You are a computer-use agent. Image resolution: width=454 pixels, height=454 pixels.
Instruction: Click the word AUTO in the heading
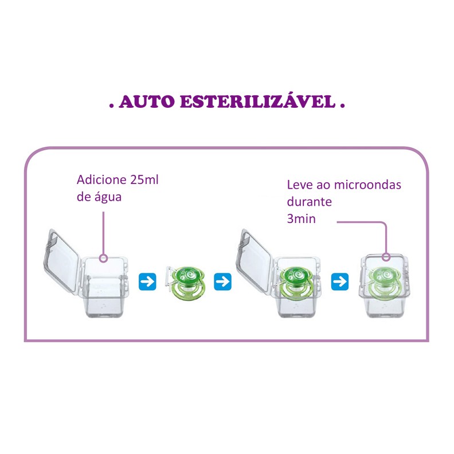pyautogui.click(x=147, y=101)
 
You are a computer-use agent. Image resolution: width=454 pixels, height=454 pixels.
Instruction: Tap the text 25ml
pyautogui.click(x=144, y=180)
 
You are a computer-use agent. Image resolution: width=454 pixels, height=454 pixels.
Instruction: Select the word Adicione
pyautogui.click(x=101, y=180)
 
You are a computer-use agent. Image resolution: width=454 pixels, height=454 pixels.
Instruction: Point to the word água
pyautogui.click(x=108, y=197)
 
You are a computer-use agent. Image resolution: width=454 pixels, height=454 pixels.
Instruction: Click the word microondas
pyautogui.click(x=367, y=185)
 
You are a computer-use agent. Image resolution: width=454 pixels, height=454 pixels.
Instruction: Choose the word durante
pyautogui.click(x=309, y=202)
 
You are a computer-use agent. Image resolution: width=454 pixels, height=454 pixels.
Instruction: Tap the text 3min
pyautogui.click(x=301, y=218)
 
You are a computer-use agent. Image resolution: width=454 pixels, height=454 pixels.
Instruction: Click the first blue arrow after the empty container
pyautogui.click(x=147, y=281)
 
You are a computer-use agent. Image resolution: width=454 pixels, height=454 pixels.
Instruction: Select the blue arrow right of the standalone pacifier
pyautogui.click(x=222, y=281)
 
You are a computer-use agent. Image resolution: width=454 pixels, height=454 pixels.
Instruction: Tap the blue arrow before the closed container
pyautogui.click(x=340, y=281)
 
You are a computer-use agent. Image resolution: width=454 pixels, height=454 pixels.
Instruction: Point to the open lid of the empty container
pyautogui.click(x=61, y=260)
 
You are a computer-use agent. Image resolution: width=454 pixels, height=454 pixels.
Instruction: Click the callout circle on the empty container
pyautogui.click(x=103, y=259)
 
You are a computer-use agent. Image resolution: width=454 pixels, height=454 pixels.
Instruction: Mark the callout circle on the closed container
pyautogui.click(x=386, y=257)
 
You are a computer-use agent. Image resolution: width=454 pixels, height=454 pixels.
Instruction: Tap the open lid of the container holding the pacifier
pyautogui.click(x=254, y=260)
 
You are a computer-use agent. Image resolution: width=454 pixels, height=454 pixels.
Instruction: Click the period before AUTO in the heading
pyautogui.click(x=111, y=106)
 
